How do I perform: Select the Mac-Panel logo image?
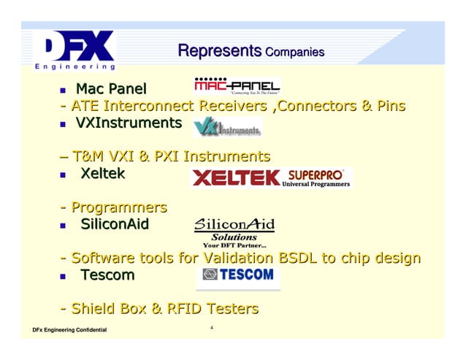[x=237, y=85]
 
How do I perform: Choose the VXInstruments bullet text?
[x=129, y=123]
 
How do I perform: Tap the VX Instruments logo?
[x=227, y=129]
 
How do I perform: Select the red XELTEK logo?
[x=236, y=177]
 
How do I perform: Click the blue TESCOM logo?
[x=238, y=276]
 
